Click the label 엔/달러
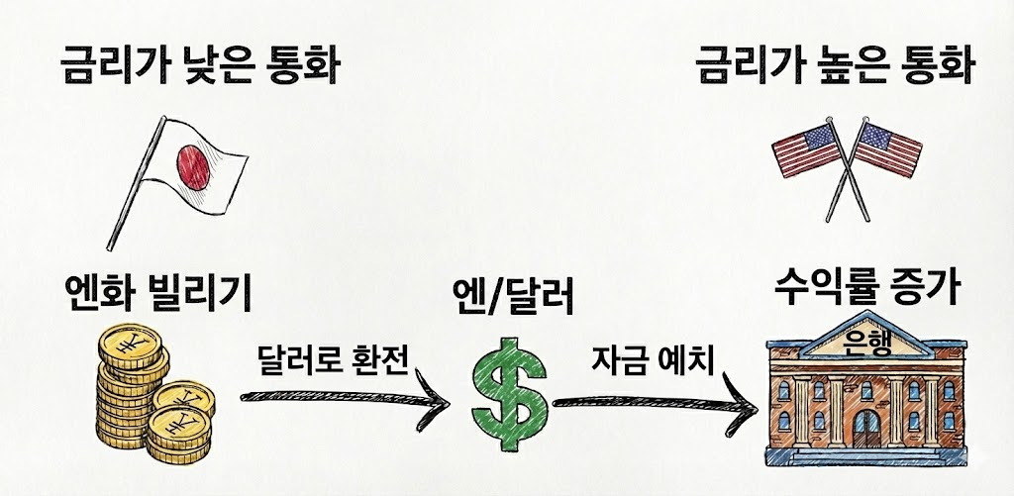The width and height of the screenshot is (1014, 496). point(513,293)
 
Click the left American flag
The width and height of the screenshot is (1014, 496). point(806,150)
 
